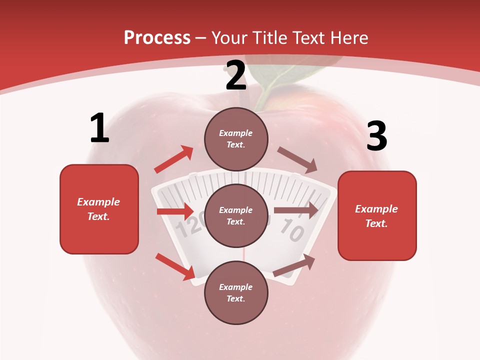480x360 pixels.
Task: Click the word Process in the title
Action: [x=157, y=37]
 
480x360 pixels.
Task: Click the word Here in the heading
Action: [x=348, y=37]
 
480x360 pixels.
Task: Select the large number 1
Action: [x=99, y=128]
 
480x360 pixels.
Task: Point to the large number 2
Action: [x=236, y=75]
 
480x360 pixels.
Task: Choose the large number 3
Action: [x=376, y=136]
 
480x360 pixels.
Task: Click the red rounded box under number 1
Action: [x=99, y=209]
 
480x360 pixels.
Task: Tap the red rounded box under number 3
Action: [x=377, y=215]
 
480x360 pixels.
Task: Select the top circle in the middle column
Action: [x=236, y=138]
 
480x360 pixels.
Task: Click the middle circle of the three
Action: [x=236, y=215]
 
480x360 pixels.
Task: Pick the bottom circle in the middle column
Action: [x=236, y=292]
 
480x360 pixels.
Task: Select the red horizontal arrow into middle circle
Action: [x=175, y=211]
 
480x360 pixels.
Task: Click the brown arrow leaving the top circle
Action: [x=297, y=160]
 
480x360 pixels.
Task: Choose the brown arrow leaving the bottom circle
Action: [x=294, y=265]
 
